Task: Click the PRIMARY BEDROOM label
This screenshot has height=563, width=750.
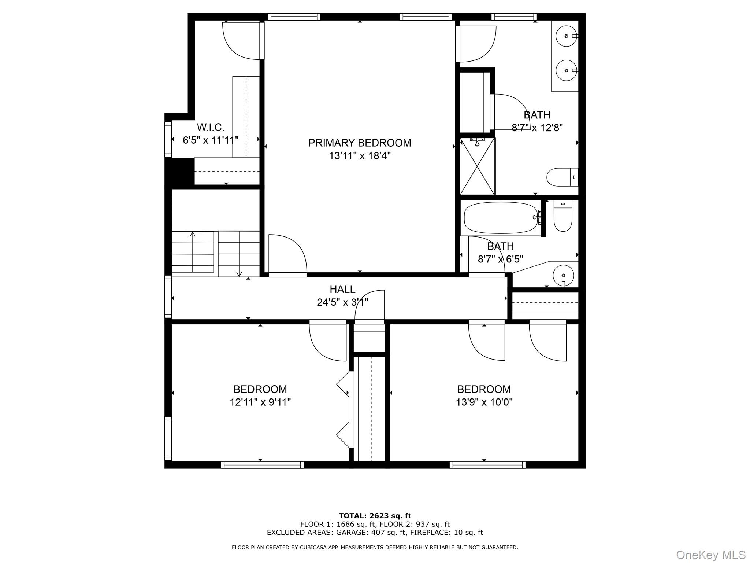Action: tap(359, 143)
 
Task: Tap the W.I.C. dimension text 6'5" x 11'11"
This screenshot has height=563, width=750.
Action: tap(211, 140)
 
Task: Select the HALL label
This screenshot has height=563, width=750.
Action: tap(342, 289)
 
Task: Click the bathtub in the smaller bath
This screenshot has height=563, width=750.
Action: tap(501, 218)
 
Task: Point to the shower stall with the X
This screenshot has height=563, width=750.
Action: tap(478, 166)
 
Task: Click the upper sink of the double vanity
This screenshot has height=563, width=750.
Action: tap(566, 36)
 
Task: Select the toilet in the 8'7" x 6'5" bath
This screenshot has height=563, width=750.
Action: tap(563, 216)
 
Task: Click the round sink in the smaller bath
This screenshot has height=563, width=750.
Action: tap(563, 275)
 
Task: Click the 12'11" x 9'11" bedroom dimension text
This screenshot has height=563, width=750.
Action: tap(260, 402)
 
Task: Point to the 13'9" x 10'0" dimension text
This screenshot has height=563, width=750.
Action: tap(484, 402)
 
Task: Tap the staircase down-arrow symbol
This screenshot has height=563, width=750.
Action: tap(239, 273)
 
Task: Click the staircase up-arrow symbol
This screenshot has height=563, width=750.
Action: tap(193, 234)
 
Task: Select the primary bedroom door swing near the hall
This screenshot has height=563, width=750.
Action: tap(287, 254)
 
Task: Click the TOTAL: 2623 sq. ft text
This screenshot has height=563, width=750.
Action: tap(375, 516)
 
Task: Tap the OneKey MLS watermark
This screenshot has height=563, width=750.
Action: tap(710, 555)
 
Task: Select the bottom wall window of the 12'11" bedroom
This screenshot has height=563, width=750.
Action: tap(262, 465)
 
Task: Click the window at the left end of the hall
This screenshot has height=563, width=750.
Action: tap(168, 297)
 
